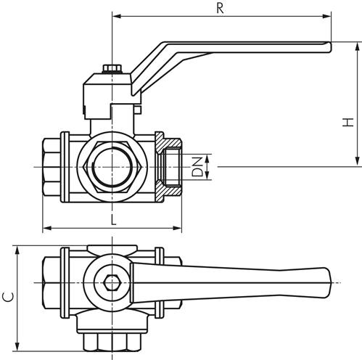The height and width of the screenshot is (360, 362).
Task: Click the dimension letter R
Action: [x=221, y=8]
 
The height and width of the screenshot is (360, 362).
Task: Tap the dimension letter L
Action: [x=113, y=219]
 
